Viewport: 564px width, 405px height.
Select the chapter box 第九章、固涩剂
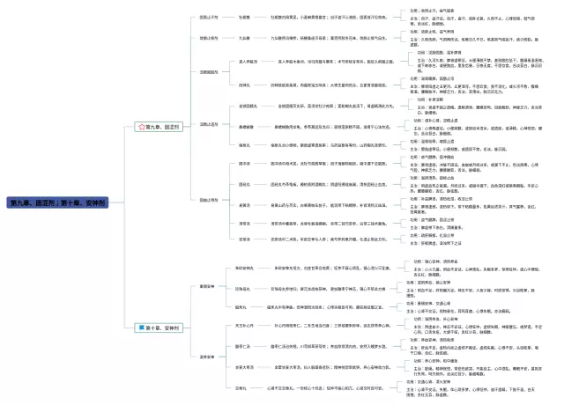[x=160, y=127]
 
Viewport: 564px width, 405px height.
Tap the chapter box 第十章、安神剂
[x=160, y=328]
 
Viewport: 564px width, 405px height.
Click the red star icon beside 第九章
[x=139, y=127]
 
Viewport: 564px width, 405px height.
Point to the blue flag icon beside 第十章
[x=139, y=328]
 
